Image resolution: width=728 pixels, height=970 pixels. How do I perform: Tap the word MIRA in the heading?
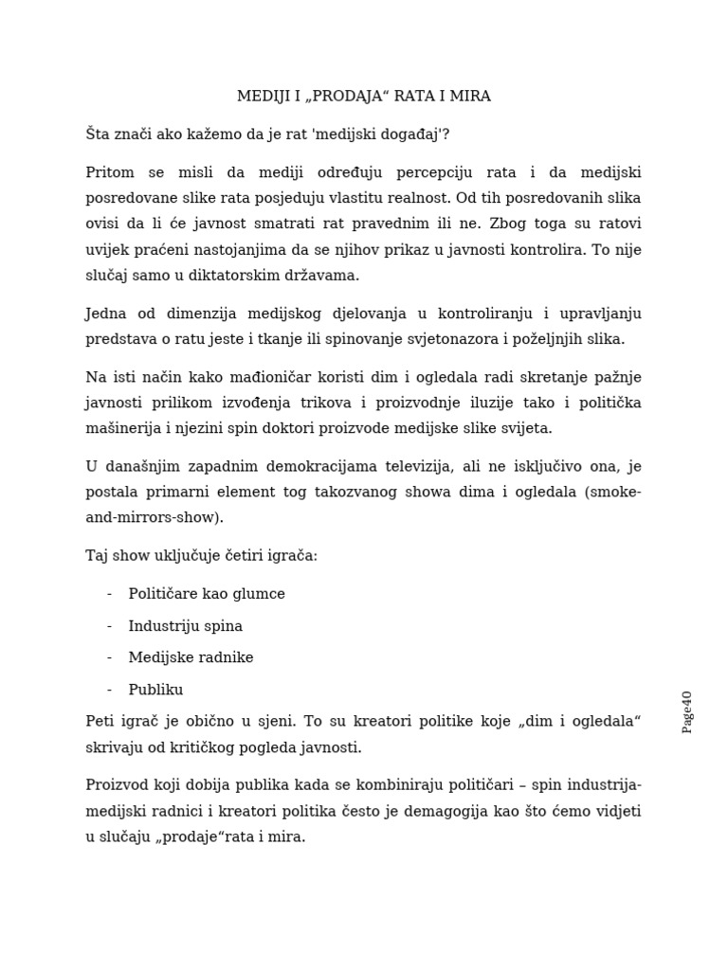(x=470, y=97)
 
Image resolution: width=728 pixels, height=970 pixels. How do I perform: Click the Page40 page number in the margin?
(x=687, y=711)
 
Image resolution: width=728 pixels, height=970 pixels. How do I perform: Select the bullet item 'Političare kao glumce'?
(x=207, y=594)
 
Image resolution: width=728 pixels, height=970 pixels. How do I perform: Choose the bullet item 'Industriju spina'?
(x=186, y=626)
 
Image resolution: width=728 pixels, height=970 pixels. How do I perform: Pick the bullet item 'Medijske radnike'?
(x=191, y=657)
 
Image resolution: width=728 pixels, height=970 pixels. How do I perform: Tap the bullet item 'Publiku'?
(x=155, y=690)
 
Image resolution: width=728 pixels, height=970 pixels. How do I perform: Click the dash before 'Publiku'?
(x=110, y=690)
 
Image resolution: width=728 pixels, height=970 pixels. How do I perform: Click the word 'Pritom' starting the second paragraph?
(x=109, y=172)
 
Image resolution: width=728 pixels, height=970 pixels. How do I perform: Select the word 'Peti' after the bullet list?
(x=100, y=722)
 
